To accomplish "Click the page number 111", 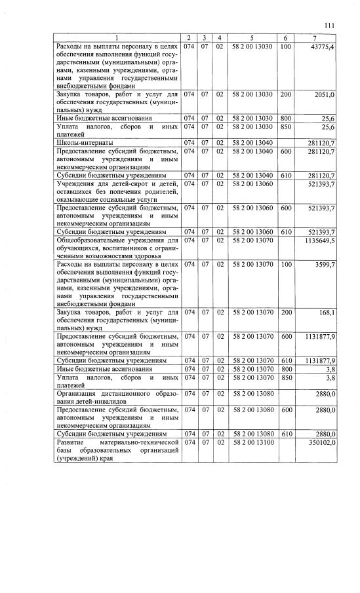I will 330,25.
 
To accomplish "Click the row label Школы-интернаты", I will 85,142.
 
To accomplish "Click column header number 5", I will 252,39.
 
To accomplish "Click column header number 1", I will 118,39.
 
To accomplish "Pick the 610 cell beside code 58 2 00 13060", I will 286,232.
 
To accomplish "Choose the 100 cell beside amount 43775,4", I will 286,47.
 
